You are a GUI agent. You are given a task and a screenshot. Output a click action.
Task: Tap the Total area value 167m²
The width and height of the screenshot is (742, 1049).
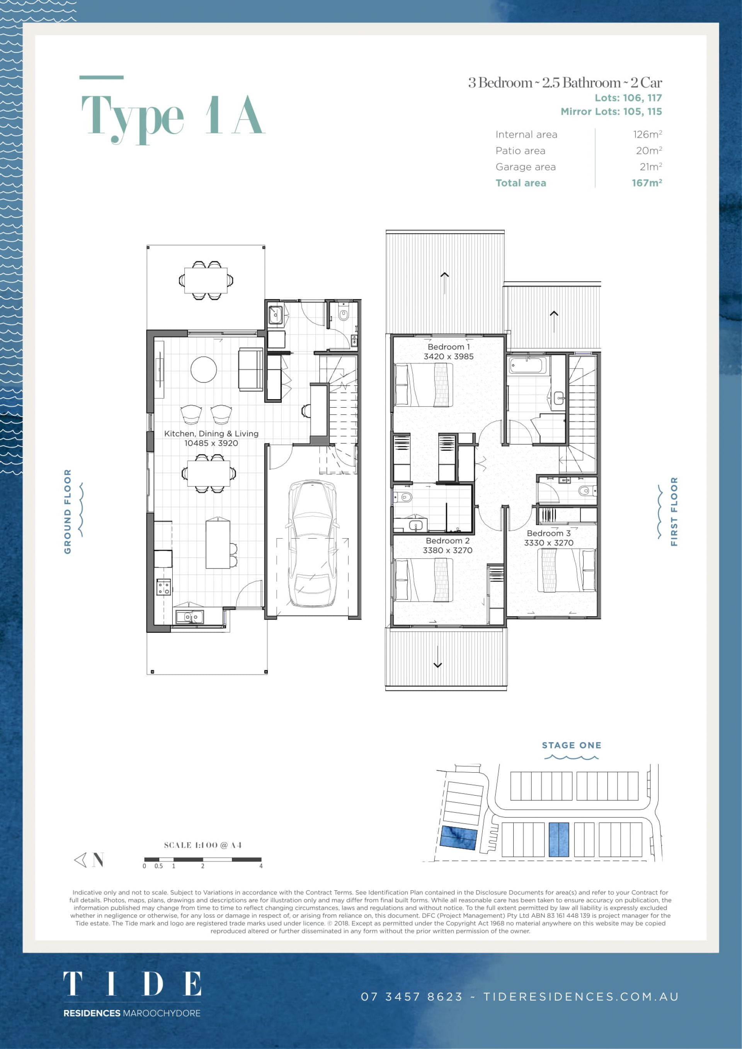tap(647, 183)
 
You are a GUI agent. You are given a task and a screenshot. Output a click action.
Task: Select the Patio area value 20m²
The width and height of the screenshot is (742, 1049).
tap(649, 150)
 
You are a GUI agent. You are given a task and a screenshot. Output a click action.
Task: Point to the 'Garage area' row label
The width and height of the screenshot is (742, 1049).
tap(526, 167)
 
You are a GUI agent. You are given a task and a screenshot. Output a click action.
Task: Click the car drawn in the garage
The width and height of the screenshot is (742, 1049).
tap(313, 543)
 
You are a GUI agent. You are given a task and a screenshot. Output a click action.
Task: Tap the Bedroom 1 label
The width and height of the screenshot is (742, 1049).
tap(449, 347)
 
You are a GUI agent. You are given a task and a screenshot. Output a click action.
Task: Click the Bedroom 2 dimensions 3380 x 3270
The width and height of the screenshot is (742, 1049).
tap(447, 551)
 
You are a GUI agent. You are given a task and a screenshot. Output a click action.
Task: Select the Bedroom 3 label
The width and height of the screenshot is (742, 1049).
tap(548, 533)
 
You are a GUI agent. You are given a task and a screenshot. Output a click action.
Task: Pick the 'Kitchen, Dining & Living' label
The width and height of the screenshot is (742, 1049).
tap(211, 434)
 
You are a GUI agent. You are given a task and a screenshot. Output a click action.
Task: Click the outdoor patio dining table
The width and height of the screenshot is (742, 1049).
tap(206, 280)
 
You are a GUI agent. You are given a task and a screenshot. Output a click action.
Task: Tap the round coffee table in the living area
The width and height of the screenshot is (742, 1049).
tap(203, 369)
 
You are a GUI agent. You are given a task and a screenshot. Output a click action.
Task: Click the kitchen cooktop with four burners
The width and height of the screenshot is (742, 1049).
tap(163, 587)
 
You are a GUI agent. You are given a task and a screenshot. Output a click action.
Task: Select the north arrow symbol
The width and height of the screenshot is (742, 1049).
tap(88, 860)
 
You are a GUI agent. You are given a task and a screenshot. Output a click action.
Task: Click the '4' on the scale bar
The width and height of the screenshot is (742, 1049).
tap(261, 866)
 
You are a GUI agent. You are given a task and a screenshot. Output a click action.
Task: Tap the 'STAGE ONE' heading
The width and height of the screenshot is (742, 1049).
tap(571, 745)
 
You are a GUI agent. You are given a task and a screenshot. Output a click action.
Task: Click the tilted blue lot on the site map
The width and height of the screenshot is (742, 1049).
tap(459, 838)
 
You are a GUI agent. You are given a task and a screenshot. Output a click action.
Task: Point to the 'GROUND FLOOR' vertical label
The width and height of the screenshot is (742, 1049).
tap(68, 511)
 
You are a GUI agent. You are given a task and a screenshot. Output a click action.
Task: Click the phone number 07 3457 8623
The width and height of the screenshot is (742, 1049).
tap(412, 996)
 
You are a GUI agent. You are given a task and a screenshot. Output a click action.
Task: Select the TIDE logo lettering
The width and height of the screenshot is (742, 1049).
tap(132, 984)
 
